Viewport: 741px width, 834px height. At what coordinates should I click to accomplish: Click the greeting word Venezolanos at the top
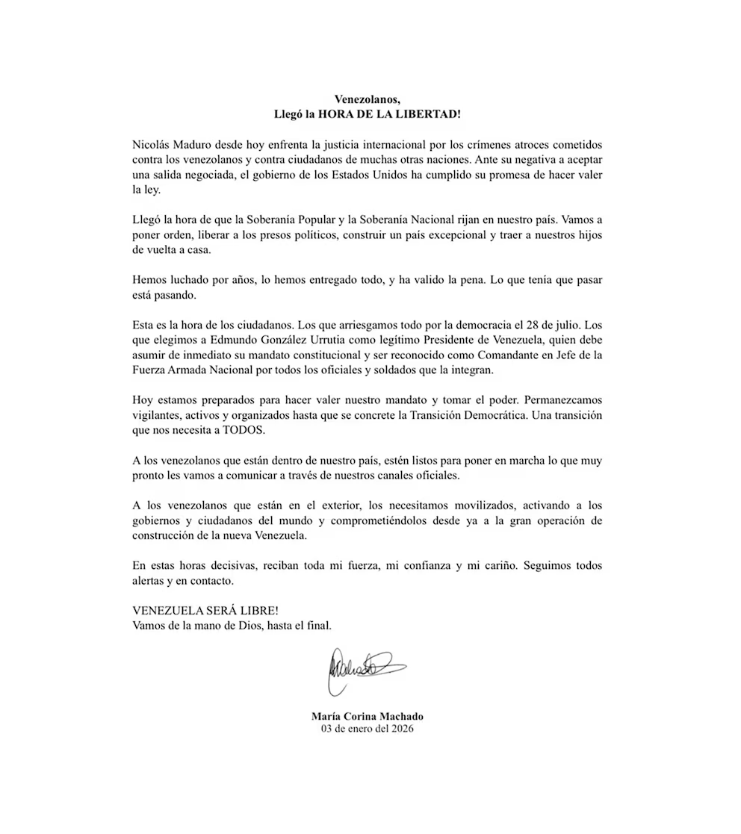(x=367, y=99)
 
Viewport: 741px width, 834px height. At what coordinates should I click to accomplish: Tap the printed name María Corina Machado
(x=367, y=716)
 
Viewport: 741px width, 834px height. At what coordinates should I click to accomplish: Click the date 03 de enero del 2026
(x=367, y=728)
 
